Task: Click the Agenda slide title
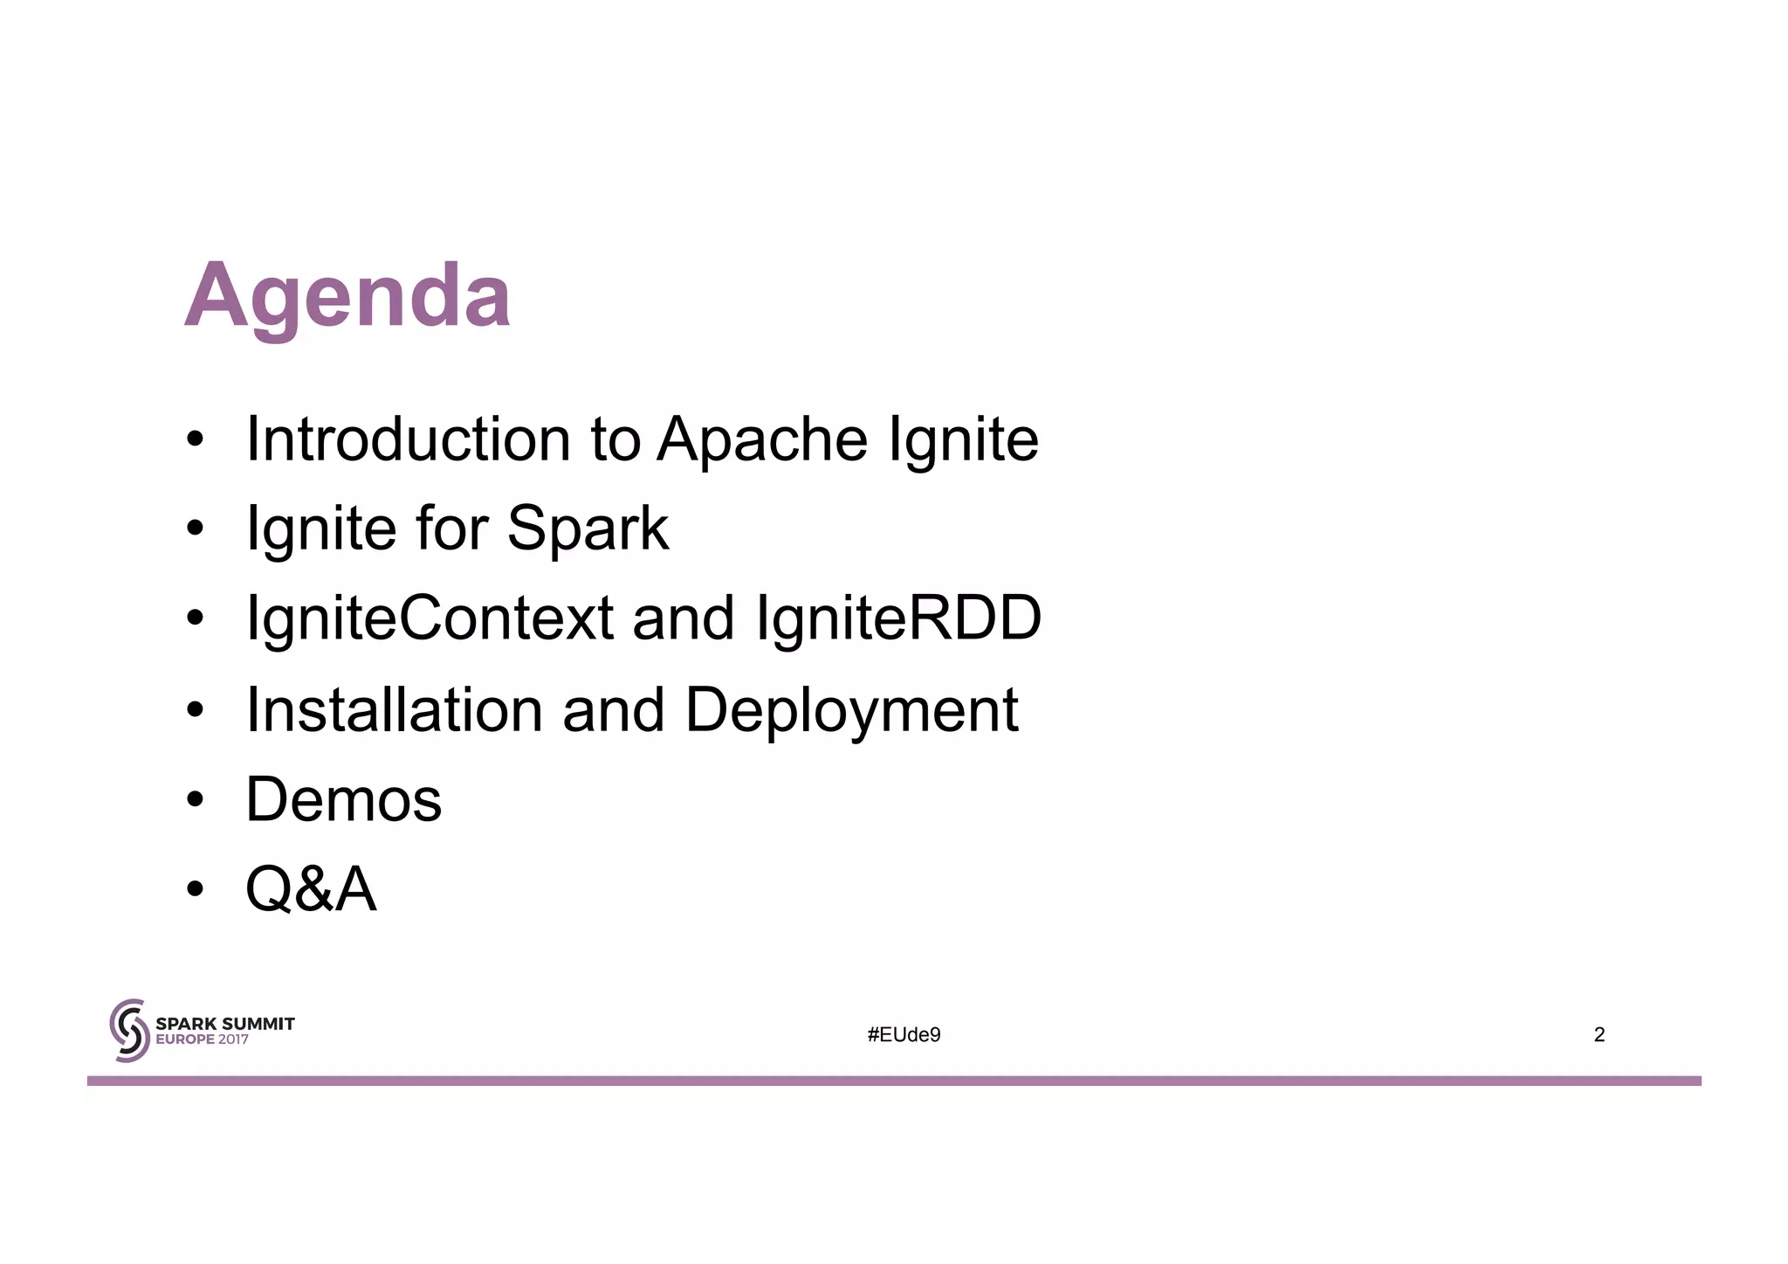pos(347,295)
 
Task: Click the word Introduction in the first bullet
pos(408,439)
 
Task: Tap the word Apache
pos(761,439)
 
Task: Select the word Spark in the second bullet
pos(588,528)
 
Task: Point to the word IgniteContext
pos(430,618)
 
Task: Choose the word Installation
pos(394,709)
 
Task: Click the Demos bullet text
pos(344,799)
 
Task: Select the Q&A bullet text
pos(311,889)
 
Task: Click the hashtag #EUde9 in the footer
pos(904,1035)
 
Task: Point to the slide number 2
pos(1599,1035)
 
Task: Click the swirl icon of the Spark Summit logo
pos(129,1031)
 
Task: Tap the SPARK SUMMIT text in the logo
pos(224,1023)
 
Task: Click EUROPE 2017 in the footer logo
pos(202,1040)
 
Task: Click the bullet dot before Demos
pos(195,799)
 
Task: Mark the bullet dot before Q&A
pos(195,889)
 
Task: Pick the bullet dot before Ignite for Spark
pos(195,528)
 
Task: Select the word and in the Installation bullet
pos(613,709)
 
